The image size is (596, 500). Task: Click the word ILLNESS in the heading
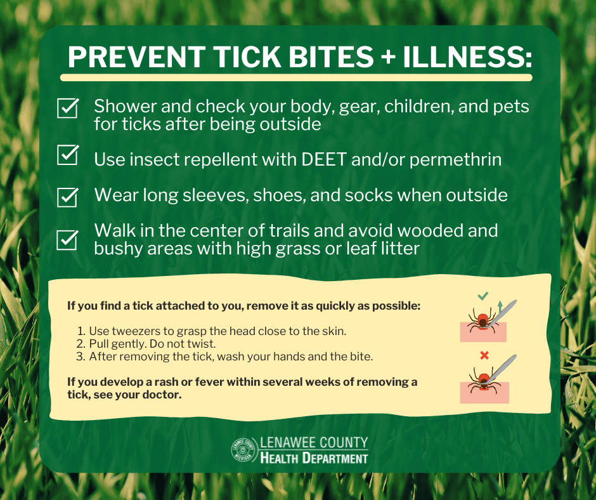(x=467, y=57)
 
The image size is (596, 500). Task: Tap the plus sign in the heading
(x=390, y=58)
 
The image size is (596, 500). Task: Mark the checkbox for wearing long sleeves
(x=68, y=196)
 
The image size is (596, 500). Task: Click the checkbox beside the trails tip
(x=68, y=239)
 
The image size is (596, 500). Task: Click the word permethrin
(x=455, y=159)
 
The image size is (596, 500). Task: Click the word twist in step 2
(x=202, y=344)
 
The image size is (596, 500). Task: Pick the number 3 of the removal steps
(x=80, y=357)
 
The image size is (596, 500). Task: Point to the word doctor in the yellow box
(x=162, y=395)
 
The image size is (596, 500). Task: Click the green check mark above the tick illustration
(x=483, y=296)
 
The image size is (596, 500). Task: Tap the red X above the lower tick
(x=484, y=355)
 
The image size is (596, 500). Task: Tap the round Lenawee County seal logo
(x=243, y=450)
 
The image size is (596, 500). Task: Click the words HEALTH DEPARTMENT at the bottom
(x=314, y=457)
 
